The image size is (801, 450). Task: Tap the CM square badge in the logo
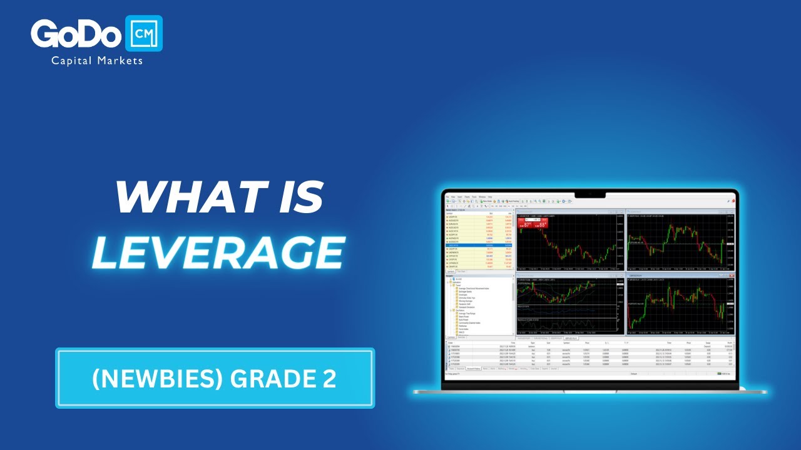tap(144, 34)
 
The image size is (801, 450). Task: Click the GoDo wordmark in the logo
tap(76, 34)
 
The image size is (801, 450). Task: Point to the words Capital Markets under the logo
tap(97, 61)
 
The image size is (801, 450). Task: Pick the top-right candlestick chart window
tap(678, 243)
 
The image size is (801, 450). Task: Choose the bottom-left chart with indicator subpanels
tap(566, 306)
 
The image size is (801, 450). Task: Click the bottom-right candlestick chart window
tap(678, 306)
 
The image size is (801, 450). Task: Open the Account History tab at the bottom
tap(473, 369)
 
